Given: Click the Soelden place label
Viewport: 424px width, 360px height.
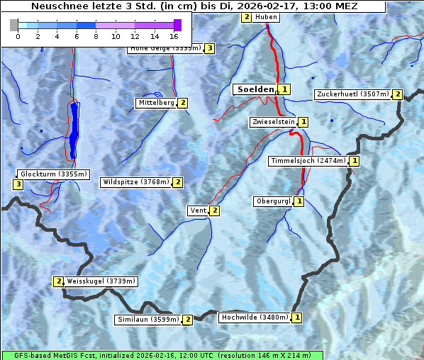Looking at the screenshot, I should click(255, 89).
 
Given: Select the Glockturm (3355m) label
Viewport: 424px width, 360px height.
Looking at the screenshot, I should click(54, 174).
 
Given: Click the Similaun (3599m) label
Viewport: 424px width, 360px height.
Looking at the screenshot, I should click(148, 320).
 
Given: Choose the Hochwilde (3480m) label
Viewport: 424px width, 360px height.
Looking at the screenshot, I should click(254, 317).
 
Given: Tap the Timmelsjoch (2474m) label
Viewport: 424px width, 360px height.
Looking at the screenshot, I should click(308, 161).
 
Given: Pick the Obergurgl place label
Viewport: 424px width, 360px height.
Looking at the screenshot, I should click(272, 201).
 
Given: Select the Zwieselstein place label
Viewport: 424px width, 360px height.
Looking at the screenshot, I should click(273, 122).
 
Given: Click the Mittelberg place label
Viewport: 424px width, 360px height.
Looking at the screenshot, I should click(156, 103).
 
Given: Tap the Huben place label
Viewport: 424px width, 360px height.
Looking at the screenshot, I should click(266, 17).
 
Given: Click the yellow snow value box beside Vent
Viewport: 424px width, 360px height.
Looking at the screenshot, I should click(215, 210).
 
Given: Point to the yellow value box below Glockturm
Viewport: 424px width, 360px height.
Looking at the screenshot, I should click(18, 185).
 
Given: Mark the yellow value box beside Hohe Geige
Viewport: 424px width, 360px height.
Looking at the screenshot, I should click(209, 48).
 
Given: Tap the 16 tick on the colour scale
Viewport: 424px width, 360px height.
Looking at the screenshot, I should click(174, 35).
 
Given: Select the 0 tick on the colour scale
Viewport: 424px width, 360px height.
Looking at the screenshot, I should click(18, 35).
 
